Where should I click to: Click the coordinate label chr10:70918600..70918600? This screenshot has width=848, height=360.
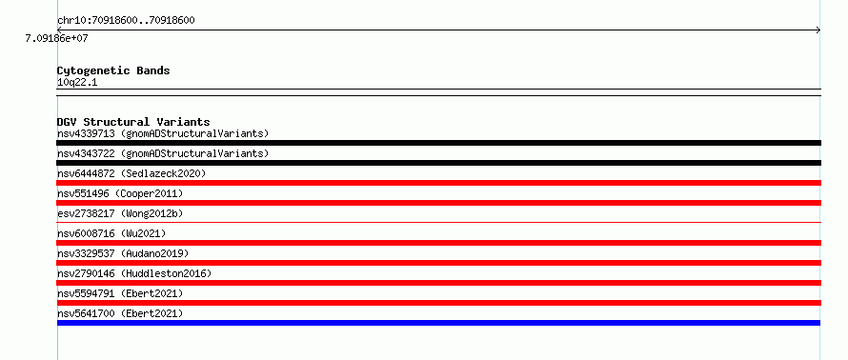[x=126, y=21]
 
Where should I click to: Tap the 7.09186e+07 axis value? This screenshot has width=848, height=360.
[x=56, y=39]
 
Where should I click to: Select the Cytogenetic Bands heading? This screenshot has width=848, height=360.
[x=113, y=70]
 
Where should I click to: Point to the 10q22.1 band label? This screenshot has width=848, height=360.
[x=77, y=83]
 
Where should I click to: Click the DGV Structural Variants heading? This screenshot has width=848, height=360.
[x=133, y=122]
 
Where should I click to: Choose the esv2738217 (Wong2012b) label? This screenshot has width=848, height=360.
[x=120, y=213]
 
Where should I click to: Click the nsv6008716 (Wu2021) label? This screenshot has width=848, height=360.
[x=111, y=233]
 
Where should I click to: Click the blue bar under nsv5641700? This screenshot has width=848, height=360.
[x=438, y=323]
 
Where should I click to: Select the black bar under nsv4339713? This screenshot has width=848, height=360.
[x=438, y=143]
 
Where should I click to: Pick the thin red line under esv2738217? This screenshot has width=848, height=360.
[x=438, y=222]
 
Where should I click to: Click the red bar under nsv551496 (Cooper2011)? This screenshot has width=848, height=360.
[x=438, y=203]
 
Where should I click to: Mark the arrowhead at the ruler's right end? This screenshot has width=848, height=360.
[x=818, y=30]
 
